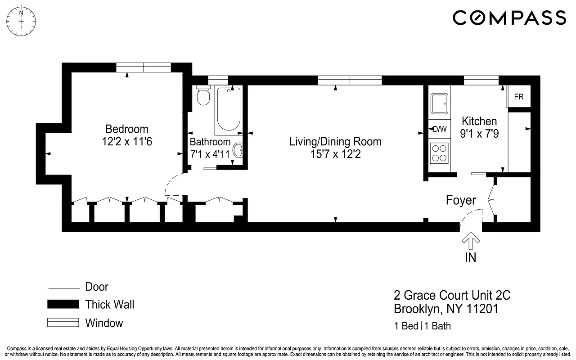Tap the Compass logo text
coord(509,18)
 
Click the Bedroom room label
coord(126,129)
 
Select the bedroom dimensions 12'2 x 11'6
coord(126,142)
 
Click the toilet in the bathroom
coord(203,96)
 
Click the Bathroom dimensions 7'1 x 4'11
coord(210,154)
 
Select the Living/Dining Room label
coord(335,142)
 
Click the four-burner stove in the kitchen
coord(439,153)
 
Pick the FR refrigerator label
coord(518,97)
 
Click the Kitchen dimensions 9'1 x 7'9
coord(480,134)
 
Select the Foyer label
coord(461,200)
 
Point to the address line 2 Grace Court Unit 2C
coord(452,296)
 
